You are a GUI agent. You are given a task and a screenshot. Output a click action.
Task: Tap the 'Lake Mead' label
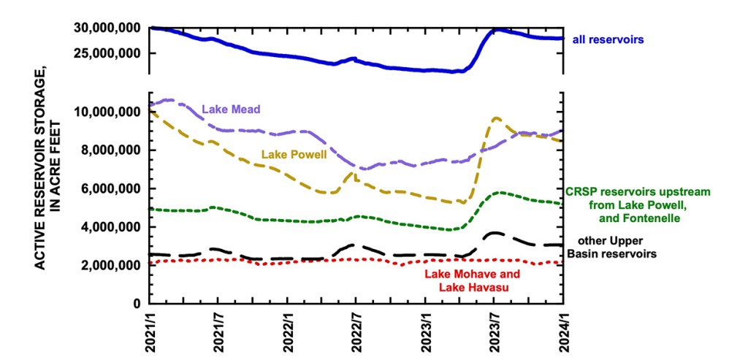coord(231,110)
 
